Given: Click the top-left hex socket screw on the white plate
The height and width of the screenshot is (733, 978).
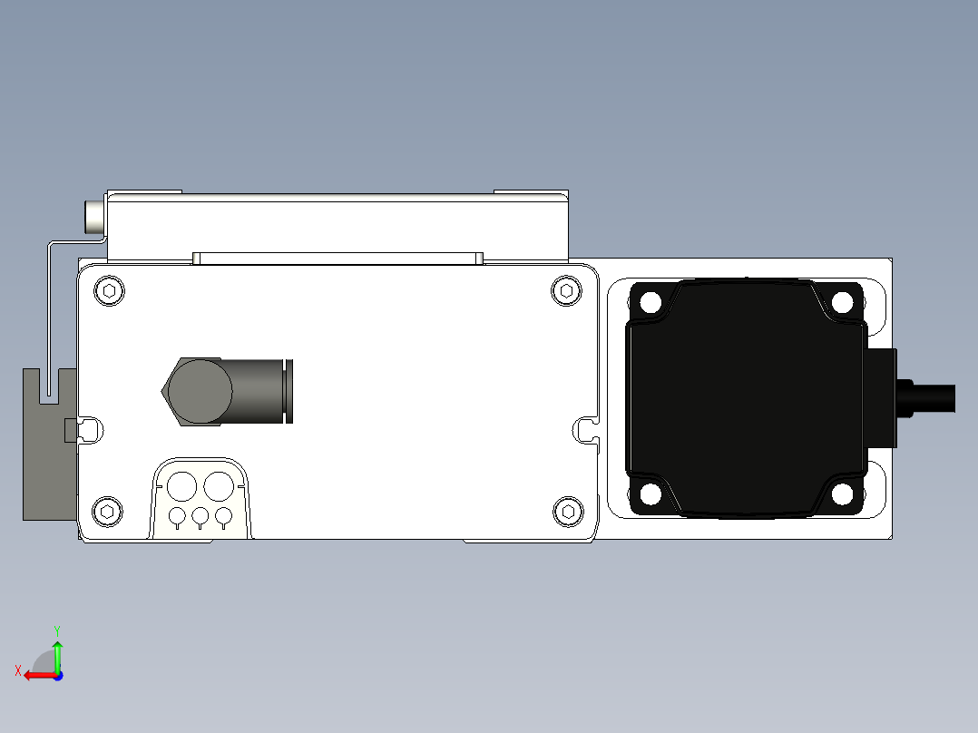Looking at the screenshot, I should tap(109, 291).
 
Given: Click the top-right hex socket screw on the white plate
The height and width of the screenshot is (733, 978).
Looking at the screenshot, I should tap(567, 290).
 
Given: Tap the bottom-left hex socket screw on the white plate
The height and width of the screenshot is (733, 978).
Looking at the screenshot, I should tap(109, 512).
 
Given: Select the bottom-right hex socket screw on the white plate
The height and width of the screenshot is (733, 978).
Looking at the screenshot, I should tap(568, 512).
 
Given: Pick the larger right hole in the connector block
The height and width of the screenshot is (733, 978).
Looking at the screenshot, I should tap(218, 486).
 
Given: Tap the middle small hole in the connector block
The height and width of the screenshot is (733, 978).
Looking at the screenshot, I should tap(200, 516).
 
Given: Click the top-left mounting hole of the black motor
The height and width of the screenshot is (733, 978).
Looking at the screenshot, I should tap(650, 302).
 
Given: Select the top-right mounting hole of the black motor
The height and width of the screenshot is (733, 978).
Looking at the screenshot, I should tap(842, 302).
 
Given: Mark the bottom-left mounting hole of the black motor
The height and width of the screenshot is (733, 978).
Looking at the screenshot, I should tap(650, 494).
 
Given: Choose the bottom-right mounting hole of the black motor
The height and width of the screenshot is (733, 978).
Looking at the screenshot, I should tap(842, 494).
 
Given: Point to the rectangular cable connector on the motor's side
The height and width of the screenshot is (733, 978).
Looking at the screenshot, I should tap(881, 398).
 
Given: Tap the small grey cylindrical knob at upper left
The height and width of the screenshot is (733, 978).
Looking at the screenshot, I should tap(94, 217).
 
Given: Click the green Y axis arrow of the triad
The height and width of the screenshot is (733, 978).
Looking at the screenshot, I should tap(57, 653).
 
